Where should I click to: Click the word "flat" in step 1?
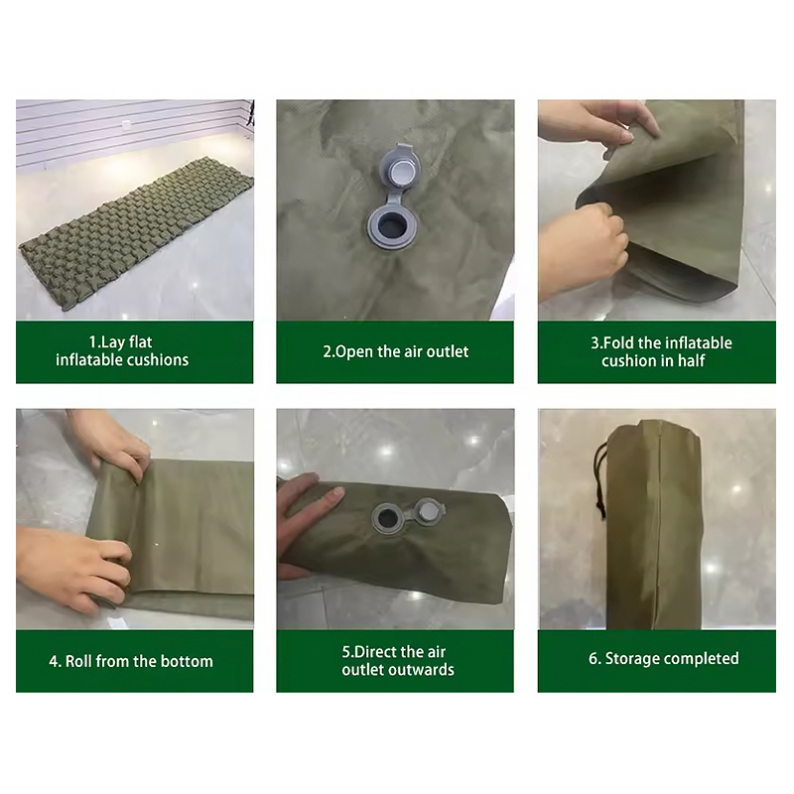click(x=140, y=341)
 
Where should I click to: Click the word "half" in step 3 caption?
click(x=690, y=360)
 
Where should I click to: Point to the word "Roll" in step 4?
click(x=78, y=661)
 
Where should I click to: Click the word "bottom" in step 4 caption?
click(x=187, y=661)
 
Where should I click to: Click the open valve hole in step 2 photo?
click(x=389, y=225)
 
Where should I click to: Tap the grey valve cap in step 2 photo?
click(x=400, y=168)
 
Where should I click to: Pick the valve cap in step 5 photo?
click(x=429, y=511)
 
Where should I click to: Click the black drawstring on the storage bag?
click(x=599, y=478)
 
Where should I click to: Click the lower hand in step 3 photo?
click(x=583, y=251)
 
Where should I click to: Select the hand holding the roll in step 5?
click(x=306, y=522)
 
